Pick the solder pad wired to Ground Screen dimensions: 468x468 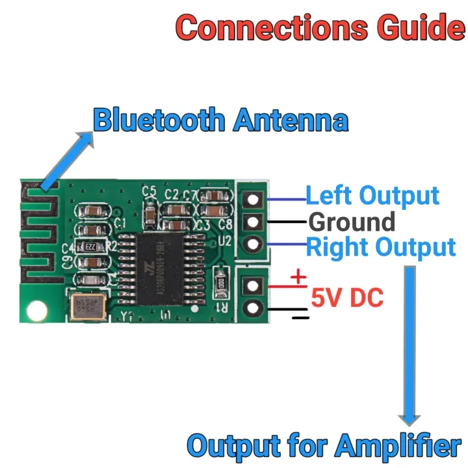pyautogui.click(x=253, y=222)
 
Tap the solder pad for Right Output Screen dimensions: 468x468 pyautogui.click(x=253, y=244)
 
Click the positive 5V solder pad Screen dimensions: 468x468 pyautogui.click(x=253, y=285)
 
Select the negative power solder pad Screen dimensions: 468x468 pyautogui.click(x=253, y=307)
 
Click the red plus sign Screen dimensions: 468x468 pyautogui.click(x=298, y=278)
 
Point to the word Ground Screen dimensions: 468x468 pyautogui.click(x=352, y=222)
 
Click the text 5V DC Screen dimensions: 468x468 pyautogui.click(x=347, y=298)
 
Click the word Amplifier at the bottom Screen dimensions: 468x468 pyautogui.click(x=399, y=447)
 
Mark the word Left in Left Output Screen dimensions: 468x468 pyautogui.click(x=328, y=196)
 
